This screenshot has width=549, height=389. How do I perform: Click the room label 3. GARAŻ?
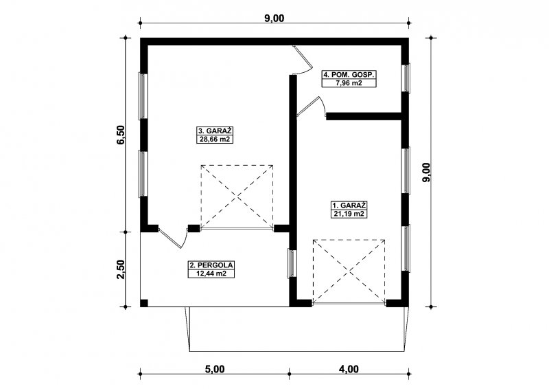(x=215, y=131)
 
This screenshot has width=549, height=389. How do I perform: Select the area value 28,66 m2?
(x=215, y=140)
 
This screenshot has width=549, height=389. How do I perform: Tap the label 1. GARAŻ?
(x=349, y=205)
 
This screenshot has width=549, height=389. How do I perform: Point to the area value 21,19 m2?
(x=349, y=214)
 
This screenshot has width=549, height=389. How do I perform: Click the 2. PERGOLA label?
(x=211, y=265)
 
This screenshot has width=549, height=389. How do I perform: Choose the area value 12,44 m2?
(x=211, y=274)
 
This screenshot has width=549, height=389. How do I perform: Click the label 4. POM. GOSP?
(x=349, y=75)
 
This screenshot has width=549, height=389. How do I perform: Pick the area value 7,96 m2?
(x=349, y=83)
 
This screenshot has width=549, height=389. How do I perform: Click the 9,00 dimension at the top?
(x=274, y=19)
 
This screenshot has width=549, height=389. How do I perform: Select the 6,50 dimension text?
(x=121, y=135)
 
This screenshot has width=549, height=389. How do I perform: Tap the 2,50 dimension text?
(x=121, y=269)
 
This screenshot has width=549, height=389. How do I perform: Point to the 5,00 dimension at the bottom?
(x=214, y=369)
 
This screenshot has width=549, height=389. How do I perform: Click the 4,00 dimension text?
(x=349, y=369)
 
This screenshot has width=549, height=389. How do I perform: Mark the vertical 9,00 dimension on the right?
(x=426, y=173)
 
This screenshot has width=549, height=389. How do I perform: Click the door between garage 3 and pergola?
(x=173, y=238)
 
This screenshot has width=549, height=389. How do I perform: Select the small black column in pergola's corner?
(x=144, y=303)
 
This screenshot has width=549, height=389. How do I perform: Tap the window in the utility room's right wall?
(x=406, y=78)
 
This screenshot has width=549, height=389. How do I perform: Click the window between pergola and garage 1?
(x=292, y=263)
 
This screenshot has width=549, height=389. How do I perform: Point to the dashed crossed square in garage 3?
(x=237, y=197)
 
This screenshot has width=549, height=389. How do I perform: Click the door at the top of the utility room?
(x=303, y=60)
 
